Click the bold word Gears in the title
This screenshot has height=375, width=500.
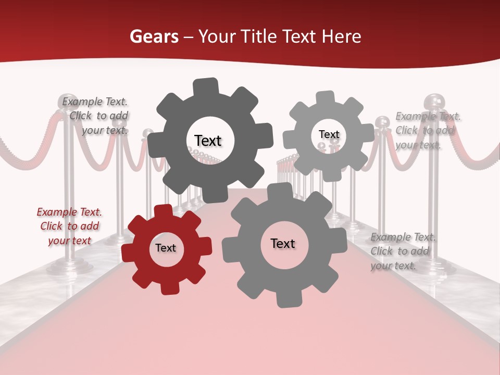154,36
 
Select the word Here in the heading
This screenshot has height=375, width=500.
341,36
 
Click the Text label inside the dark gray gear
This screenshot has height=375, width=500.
208,141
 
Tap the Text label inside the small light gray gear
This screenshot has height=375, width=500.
329,134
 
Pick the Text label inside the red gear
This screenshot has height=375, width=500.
166,248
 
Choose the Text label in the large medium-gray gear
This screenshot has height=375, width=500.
283,243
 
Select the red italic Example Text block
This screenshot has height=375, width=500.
69,226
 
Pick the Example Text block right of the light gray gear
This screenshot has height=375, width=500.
427,130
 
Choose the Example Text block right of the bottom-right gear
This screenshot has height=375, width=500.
402,251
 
